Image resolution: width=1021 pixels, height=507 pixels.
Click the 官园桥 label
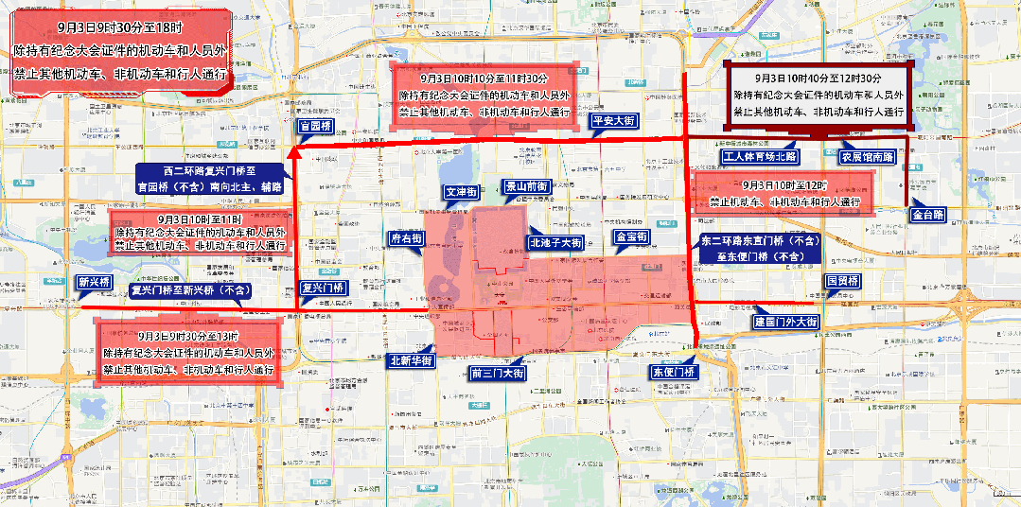click(x=315, y=127)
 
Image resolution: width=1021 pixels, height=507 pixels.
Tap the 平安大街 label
click(x=612, y=121)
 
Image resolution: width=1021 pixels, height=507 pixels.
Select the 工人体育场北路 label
click(x=760, y=156)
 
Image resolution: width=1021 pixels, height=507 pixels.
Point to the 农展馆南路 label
click(x=868, y=156)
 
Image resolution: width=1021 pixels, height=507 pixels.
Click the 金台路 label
click(x=929, y=216)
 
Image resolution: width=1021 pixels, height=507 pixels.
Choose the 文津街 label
click(x=462, y=192)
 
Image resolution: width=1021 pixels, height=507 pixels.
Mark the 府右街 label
click(x=406, y=239)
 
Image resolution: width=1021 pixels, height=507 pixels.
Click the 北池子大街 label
click(x=555, y=242)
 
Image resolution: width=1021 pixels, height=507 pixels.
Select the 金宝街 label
click(x=631, y=236)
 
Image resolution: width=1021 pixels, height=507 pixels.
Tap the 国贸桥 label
click(x=842, y=282)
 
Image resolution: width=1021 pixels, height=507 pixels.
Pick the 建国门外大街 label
click(x=785, y=323)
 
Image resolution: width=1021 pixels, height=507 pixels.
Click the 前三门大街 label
click(x=498, y=373)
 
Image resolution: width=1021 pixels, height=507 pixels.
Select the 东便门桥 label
click(x=672, y=372)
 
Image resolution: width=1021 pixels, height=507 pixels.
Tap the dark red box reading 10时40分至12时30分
click(x=819, y=95)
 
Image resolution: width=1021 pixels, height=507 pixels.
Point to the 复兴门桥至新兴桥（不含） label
click(x=193, y=289)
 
